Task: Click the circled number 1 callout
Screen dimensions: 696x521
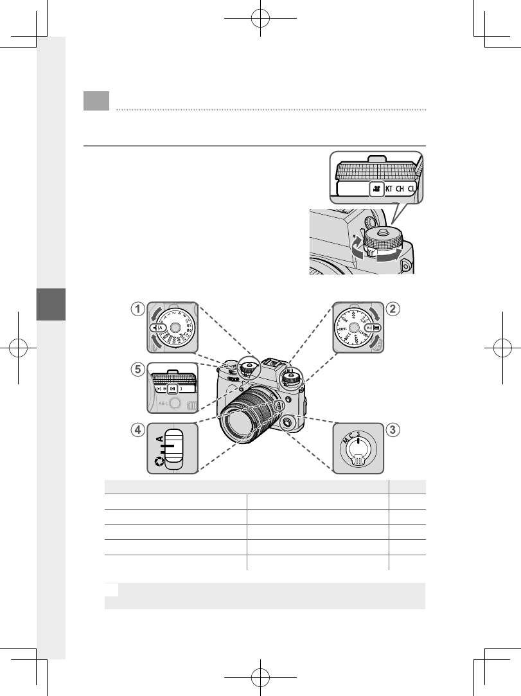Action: [137, 309]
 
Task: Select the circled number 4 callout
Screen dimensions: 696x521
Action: [137, 431]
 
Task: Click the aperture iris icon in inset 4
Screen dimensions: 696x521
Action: [157, 460]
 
